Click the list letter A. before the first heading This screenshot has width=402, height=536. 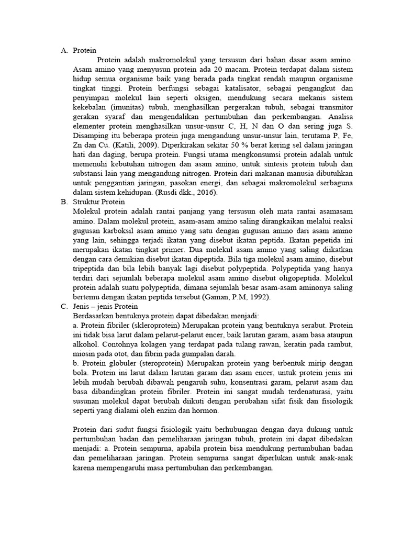coord(64,51)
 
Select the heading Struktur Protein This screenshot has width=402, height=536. coord(99,202)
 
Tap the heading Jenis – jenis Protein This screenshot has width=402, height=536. coord(105,306)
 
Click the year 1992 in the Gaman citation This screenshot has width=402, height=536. coord(256,297)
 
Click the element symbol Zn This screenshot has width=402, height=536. coord(78,145)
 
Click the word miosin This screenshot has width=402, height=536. coord(85,353)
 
